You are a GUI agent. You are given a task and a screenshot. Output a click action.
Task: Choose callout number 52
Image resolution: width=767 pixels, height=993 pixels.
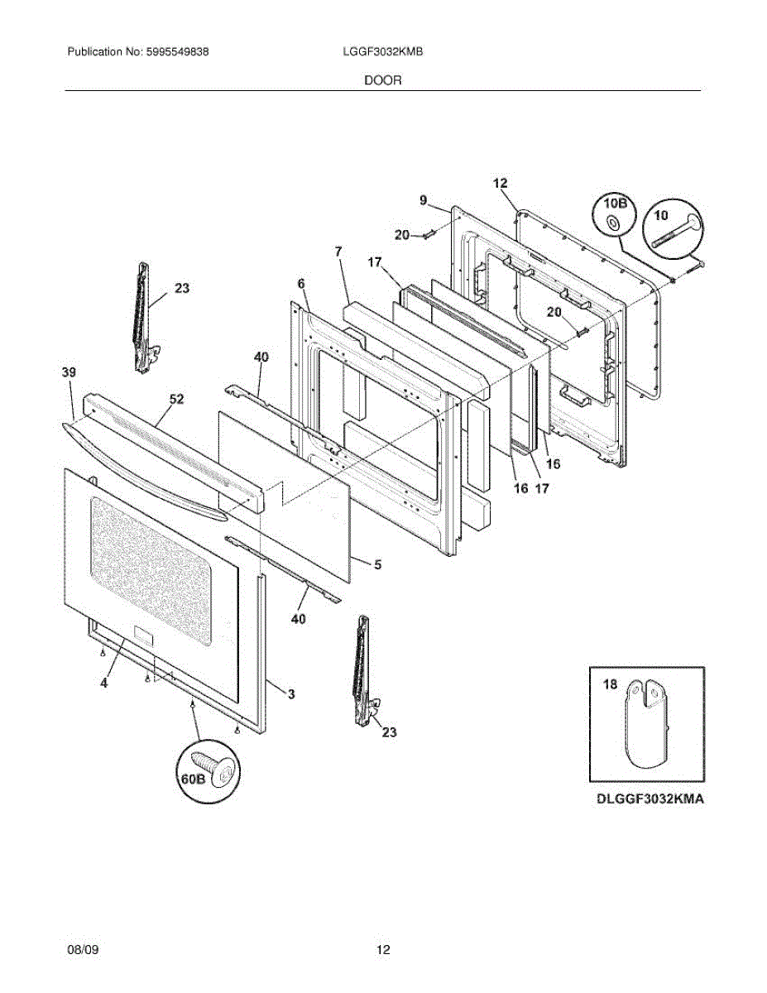click(x=177, y=399)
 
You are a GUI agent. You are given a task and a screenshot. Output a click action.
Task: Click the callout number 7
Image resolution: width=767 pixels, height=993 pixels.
click(x=338, y=251)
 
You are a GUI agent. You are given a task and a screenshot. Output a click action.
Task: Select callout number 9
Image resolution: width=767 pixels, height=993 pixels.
click(x=423, y=199)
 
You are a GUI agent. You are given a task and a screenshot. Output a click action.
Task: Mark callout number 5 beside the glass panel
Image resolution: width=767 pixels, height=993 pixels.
click(x=377, y=565)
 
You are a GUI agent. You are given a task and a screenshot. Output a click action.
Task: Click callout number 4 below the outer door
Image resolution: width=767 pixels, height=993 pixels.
click(x=104, y=684)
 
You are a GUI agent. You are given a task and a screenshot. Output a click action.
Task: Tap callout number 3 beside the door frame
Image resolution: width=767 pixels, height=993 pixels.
click(x=291, y=693)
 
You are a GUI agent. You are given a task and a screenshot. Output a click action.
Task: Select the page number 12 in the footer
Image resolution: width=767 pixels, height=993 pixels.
click(x=383, y=950)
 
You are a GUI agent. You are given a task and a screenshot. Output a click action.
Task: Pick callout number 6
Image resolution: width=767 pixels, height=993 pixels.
click(x=302, y=284)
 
